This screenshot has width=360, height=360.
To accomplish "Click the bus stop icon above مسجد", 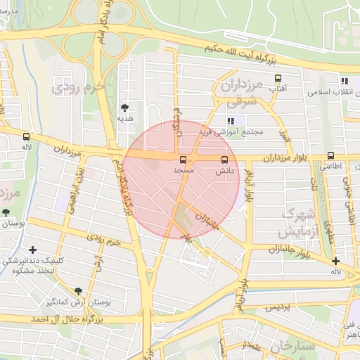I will coord(184,160).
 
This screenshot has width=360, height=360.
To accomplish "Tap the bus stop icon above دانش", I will coord(225,160).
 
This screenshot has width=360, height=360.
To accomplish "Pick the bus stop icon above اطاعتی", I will coord(330,156).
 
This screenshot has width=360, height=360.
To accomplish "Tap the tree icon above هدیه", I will coord(124,107).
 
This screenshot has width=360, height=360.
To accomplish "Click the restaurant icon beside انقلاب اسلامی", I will coord(345,81).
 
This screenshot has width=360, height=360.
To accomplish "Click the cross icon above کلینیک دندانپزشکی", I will coord(32,250).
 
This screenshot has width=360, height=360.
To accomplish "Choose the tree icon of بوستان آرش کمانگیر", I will coord(78,291).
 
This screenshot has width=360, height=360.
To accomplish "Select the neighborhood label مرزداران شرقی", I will coord(239,92).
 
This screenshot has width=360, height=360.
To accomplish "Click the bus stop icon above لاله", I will coord(26,136).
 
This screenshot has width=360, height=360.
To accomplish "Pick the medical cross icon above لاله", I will coord(335,261).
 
